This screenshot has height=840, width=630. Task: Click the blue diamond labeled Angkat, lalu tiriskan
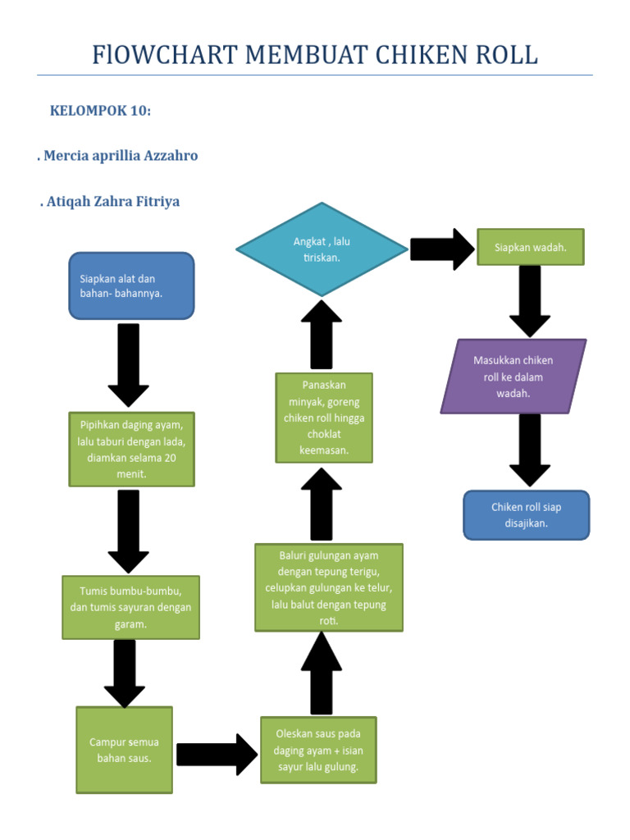(322, 249)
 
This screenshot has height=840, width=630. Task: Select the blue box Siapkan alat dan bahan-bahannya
(131, 285)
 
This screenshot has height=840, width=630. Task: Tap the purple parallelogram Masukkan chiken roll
(514, 377)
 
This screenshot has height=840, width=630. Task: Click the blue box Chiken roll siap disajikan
(526, 515)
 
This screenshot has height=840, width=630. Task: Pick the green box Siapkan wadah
(531, 247)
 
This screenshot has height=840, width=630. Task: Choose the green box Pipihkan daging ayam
(131, 450)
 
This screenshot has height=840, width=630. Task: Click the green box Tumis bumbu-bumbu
(131, 607)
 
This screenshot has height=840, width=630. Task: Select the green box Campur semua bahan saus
(125, 750)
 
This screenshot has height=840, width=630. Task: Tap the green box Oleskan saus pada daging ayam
(318, 750)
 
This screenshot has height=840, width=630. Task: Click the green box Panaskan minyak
(324, 418)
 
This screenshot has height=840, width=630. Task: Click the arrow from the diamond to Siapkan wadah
(442, 249)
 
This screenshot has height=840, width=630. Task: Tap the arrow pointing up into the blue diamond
(322, 335)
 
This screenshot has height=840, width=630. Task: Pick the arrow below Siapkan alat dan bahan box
(129, 364)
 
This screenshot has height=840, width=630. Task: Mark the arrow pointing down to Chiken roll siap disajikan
(530, 450)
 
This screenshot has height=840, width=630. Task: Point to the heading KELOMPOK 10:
(100, 111)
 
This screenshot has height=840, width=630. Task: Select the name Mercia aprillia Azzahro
(119, 155)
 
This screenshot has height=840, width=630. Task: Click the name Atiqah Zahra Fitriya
(110, 201)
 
